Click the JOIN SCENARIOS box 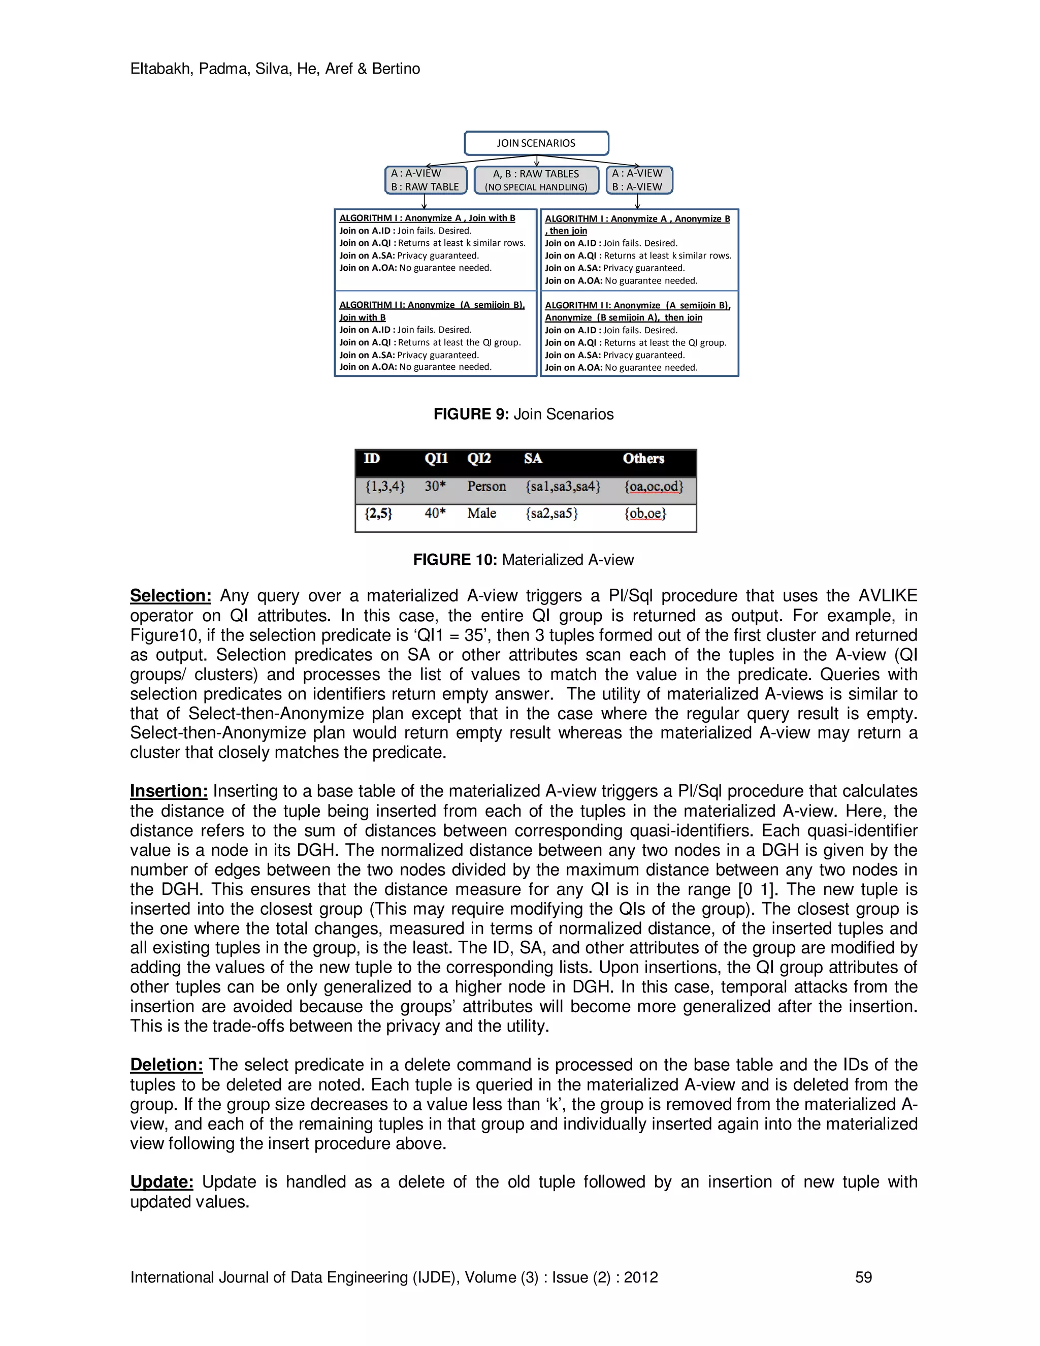coord(536,143)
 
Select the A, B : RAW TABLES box coord(536,180)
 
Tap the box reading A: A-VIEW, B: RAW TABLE coord(425,180)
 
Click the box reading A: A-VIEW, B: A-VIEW coord(638,180)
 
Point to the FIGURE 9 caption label coord(471,414)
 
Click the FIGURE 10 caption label coord(454,560)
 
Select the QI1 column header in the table coord(436,459)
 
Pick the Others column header coord(643,459)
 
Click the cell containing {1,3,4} coord(384,486)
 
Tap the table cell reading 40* coord(435,514)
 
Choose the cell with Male coord(481,514)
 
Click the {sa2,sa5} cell coord(551,514)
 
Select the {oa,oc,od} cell coord(654,486)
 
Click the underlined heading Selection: coord(171,595)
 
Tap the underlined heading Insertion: coord(169,791)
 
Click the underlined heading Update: coord(162,1181)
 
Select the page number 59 coord(863,1277)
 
